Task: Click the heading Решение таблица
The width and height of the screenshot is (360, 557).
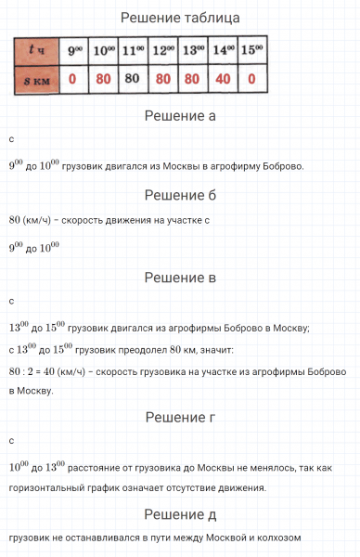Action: (180, 18)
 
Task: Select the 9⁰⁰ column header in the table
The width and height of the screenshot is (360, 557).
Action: (71, 51)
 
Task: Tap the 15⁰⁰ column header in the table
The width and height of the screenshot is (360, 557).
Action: (251, 51)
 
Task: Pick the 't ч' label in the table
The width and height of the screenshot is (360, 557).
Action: (34, 51)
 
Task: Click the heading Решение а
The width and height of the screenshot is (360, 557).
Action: (180, 117)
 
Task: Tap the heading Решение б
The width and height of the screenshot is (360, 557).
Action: (180, 195)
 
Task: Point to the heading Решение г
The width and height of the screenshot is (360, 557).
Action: (180, 419)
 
